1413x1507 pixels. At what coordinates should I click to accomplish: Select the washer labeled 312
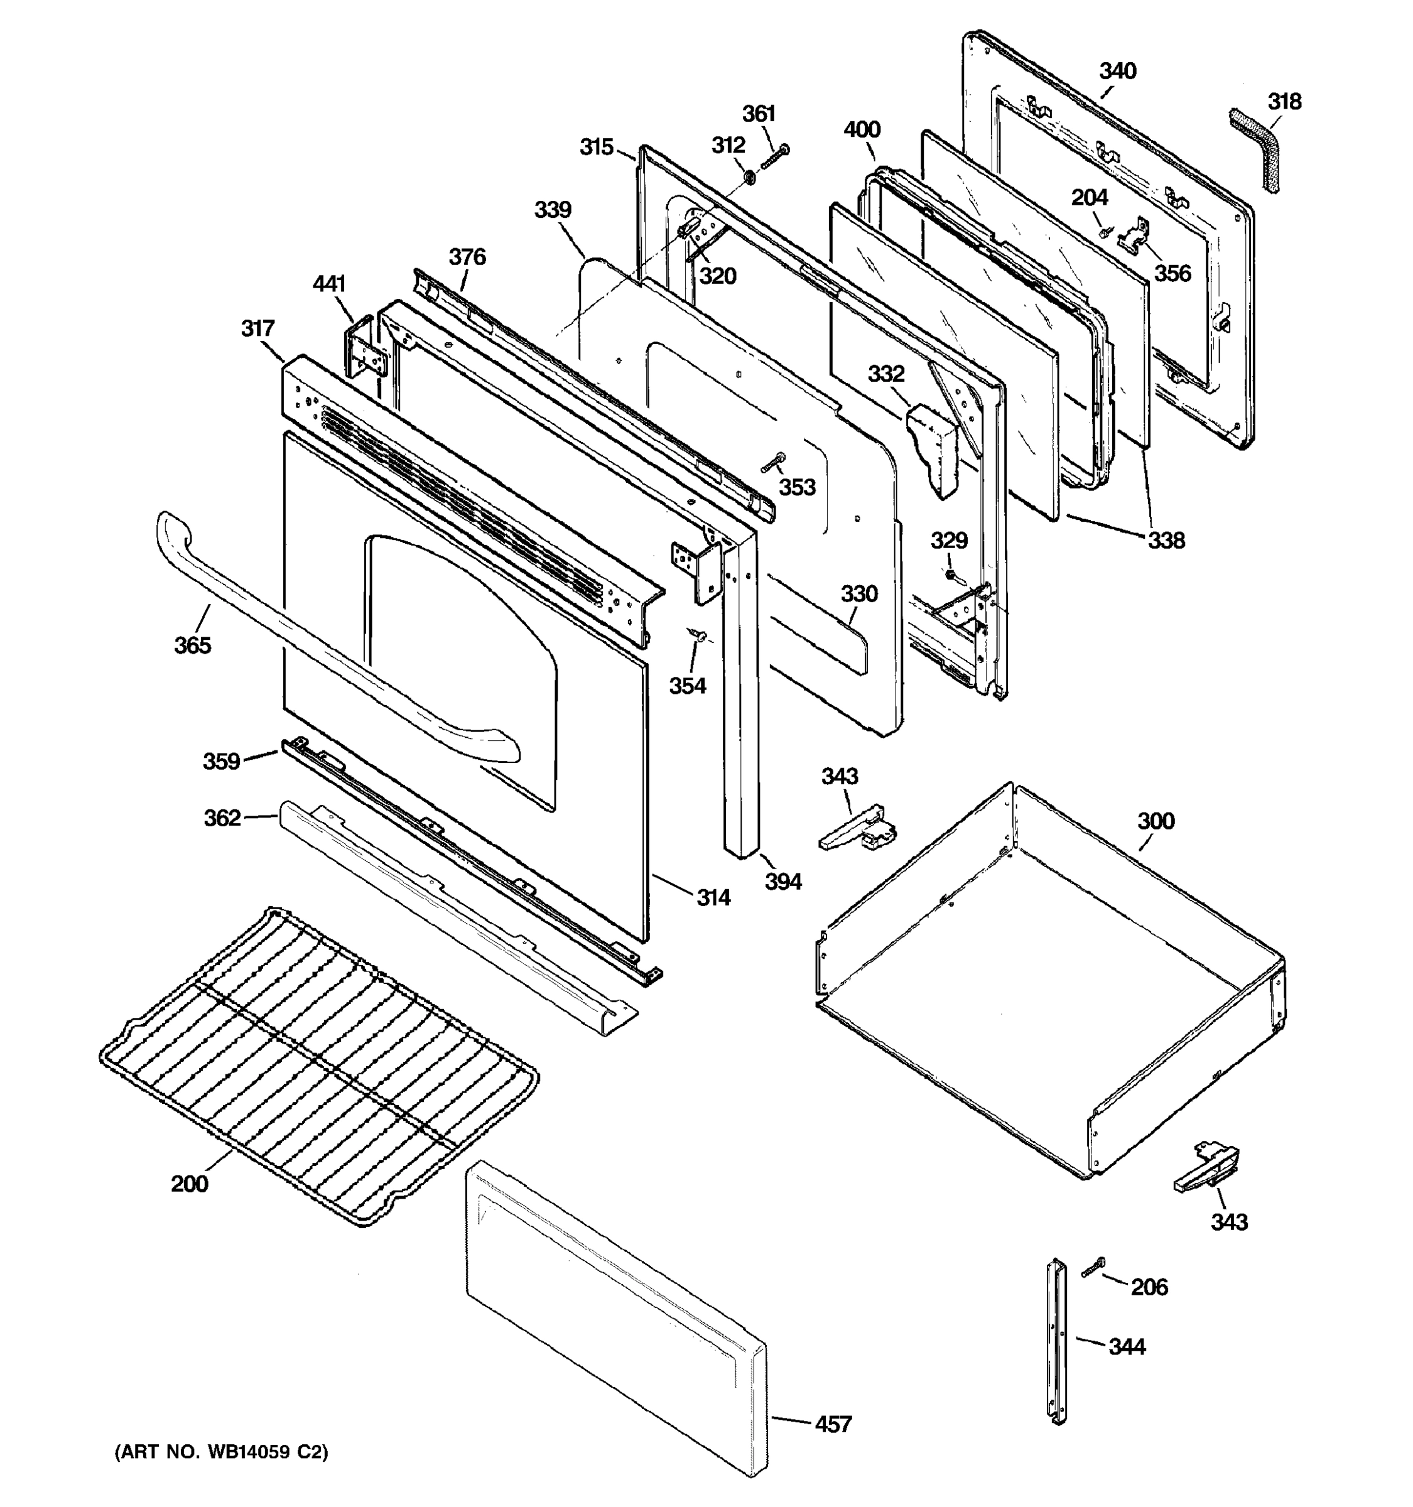click(x=748, y=177)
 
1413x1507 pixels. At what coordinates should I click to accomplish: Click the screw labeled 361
click(x=774, y=157)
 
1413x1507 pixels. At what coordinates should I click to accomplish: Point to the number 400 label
click(x=862, y=129)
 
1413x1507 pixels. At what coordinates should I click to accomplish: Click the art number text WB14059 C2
click(x=221, y=1452)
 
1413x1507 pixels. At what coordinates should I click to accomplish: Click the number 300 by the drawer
click(x=1156, y=821)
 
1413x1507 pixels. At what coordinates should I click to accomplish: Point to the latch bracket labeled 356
click(x=1134, y=234)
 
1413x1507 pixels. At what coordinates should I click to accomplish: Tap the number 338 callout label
click(x=1165, y=540)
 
